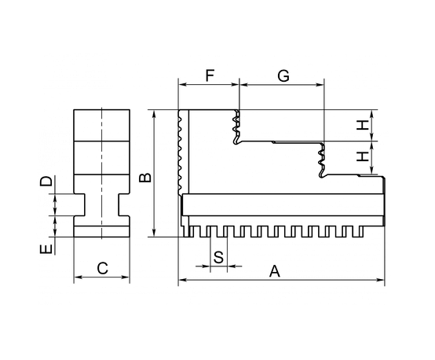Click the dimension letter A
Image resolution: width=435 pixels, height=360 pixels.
[x=275, y=271]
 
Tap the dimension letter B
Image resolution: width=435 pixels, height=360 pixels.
[x=145, y=177]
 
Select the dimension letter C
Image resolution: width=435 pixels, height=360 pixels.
[x=102, y=268]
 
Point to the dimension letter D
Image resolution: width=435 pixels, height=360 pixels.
[x=46, y=181]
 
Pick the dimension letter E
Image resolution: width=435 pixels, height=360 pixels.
[x=46, y=249]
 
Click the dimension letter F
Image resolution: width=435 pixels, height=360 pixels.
[x=210, y=75]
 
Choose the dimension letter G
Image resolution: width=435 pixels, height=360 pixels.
[x=283, y=75]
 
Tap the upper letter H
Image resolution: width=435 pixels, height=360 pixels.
[x=363, y=125]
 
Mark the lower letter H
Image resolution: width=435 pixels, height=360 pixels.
[x=363, y=156]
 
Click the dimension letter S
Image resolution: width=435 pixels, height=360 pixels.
[x=218, y=257]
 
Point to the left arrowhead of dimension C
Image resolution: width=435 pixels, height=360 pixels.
[x=78, y=277]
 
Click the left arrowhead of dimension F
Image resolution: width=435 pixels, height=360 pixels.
[x=182, y=85]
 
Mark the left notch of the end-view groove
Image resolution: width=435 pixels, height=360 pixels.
[x=79, y=205]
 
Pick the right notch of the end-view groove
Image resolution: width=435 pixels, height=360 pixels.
[x=124, y=205]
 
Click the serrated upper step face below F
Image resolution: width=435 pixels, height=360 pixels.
[x=236, y=127]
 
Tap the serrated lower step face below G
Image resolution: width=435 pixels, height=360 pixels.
[x=321, y=160]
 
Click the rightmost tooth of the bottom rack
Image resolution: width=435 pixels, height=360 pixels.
[x=360, y=231]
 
